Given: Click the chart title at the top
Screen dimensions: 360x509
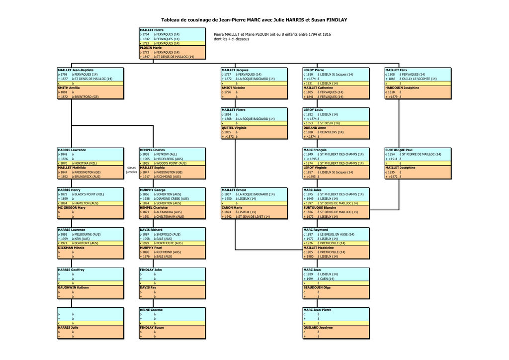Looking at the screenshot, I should click(254, 20).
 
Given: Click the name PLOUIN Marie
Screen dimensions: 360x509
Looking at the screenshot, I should click(151, 48).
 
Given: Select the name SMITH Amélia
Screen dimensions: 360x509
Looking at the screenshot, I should click(69, 88).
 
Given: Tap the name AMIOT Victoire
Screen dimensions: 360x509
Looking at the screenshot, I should click(233, 88).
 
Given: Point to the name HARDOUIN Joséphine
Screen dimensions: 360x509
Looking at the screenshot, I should click(402, 88).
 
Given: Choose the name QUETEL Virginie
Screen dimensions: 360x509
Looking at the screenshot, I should click(234, 128).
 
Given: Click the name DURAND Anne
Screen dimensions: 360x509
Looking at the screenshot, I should click(315, 128).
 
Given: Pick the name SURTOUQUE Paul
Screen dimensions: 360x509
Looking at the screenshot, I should click(399, 150).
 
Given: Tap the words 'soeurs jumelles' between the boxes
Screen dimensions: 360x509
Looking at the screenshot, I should click(131, 170).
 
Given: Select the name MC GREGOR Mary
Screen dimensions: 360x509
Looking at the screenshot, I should click(72, 208).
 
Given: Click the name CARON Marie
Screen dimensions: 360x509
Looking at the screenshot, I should click(232, 208).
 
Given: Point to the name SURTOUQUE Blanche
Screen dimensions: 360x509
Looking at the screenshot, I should click(320, 208).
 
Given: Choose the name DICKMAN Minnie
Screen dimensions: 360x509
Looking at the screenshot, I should click(71, 248).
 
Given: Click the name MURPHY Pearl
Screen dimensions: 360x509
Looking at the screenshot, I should click(151, 248).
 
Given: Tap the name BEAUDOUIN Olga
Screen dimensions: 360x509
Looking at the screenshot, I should click(317, 287).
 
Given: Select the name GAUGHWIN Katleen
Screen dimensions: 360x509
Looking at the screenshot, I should click(73, 287).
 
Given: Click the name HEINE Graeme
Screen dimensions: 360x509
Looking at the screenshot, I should click(151, 310).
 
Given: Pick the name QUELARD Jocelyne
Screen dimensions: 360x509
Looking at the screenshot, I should click(318, 328).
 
